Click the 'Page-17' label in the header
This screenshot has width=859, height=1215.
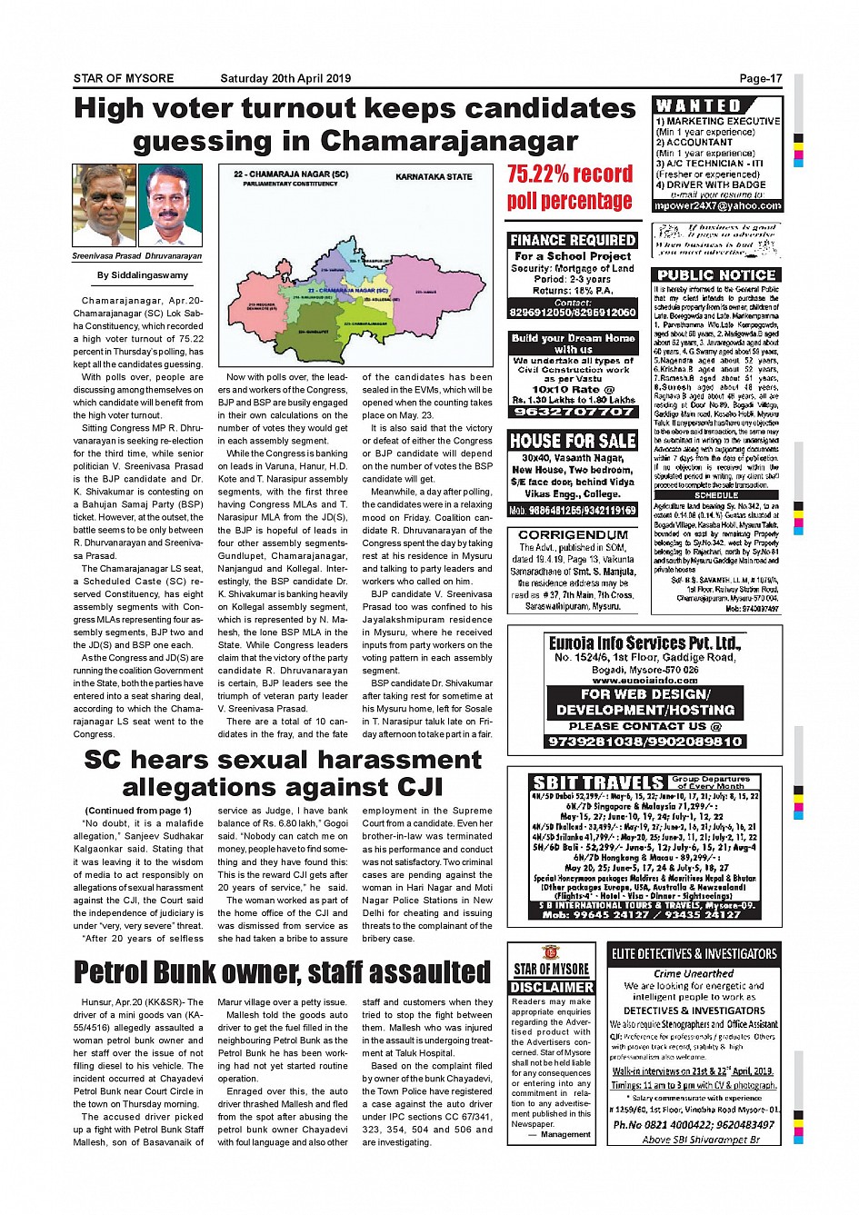click(760, 78)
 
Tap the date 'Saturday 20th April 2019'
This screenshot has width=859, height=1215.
click(285, 78)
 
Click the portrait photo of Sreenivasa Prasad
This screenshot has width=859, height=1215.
click(104, 207)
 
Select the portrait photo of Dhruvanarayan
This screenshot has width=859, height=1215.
click(172, 207)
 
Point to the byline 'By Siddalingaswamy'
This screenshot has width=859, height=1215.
click(143, 275)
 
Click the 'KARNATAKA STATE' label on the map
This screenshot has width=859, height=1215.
click(434, 176)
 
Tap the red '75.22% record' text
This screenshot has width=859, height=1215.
click(570, 174)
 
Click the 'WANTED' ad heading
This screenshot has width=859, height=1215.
click(698, 105)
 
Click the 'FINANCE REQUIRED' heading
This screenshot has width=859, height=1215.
click(573, 240)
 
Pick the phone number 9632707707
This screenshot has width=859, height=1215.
click(573, 412)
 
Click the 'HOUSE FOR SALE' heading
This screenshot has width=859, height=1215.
click(573, 441)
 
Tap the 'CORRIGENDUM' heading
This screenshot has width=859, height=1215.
click(573, 535)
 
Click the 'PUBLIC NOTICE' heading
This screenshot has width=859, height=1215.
click(716, 274)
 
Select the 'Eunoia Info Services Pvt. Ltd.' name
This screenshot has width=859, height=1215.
click(644, 642)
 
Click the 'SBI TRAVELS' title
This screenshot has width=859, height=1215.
click(599, 782)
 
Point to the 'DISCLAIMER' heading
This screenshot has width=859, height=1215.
click(551, 987)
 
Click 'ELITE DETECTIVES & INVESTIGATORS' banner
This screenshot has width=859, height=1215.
click(694, 953)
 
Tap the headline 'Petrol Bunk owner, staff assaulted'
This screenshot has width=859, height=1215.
click(283, 972)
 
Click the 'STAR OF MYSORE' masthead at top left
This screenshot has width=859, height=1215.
click(124, 78)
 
